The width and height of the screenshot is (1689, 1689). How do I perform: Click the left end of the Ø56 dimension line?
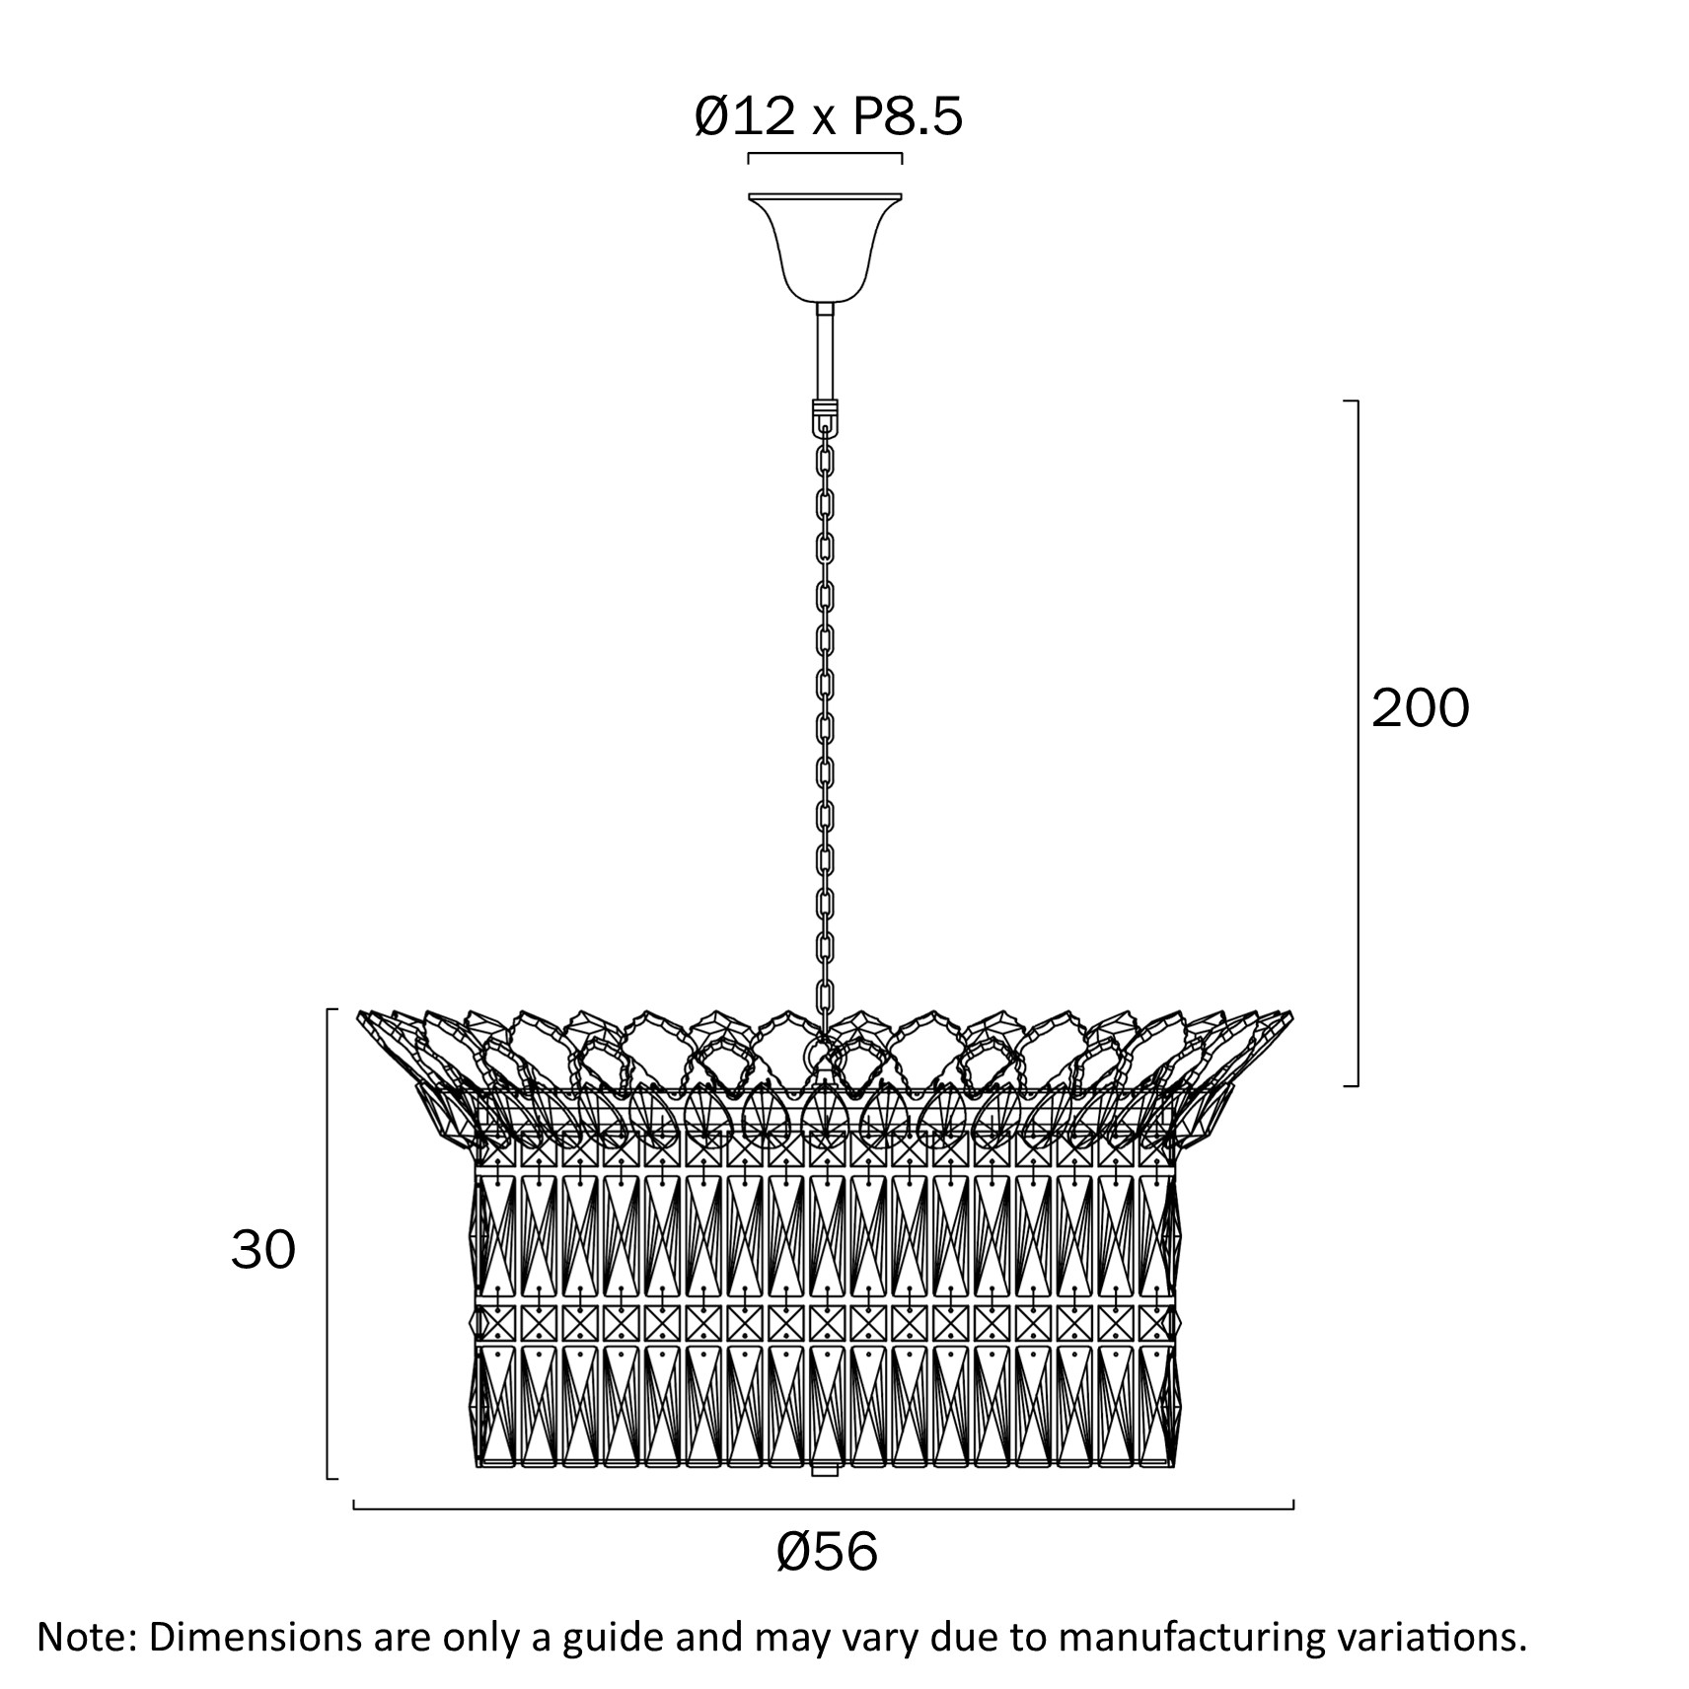(354, 1536)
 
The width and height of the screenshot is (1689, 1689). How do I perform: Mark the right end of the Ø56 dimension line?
(1293, 1536)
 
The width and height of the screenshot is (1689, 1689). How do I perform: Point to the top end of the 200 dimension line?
(1358, 402)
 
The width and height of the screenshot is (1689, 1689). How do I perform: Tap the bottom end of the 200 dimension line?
(1358, 1085)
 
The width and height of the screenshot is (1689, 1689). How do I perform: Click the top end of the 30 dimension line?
(328, 1009)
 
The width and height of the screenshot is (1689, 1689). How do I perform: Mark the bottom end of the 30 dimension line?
(328, 1505)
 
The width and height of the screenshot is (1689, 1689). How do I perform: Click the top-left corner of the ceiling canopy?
(749, 192)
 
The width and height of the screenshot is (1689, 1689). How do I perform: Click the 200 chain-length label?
(1421, 708)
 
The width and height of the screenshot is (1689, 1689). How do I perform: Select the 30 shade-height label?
(263, 1251)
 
